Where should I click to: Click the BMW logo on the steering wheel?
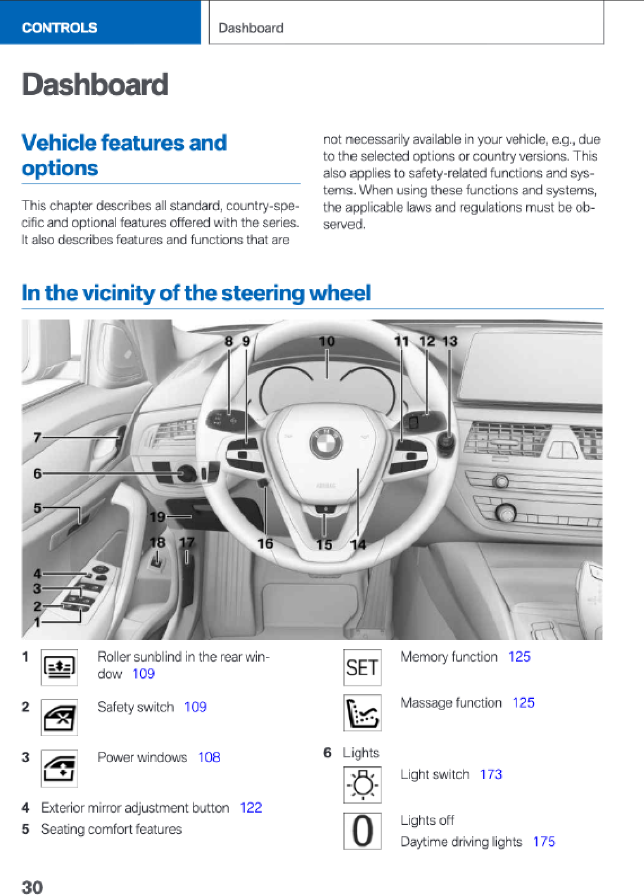coord(326,442)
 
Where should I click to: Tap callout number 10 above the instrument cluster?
coord(327,341)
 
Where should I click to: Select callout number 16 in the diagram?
coord(265,543)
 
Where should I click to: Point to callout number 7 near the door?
coord(37,437)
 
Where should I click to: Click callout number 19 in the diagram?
coord(157,517)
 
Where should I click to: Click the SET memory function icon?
coord(362,668)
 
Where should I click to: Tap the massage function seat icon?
coord(362,713)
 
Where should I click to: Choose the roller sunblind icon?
coord(59,668)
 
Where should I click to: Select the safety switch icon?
coord(59,718)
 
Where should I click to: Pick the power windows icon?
coord(59,768)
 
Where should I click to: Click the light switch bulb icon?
coord(362,784)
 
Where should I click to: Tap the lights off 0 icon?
coord(362,831)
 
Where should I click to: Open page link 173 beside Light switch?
coord(491,774)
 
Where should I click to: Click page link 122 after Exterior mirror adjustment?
coord(251,808)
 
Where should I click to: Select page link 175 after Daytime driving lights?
coord(544,841)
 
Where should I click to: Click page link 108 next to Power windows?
coord(209,757)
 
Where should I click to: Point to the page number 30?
coord(32,887)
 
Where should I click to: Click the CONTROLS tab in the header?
coord(59,28)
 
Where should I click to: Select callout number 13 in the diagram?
coord(449,341)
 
